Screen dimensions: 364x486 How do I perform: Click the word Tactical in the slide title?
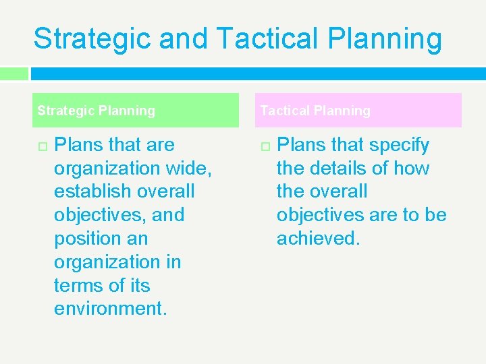tap(268, 39)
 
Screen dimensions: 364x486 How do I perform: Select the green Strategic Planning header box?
tap(135, 110)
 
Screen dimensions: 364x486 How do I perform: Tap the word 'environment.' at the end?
tap(110, 309)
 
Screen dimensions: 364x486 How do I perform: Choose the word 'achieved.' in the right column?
tap(318, 238)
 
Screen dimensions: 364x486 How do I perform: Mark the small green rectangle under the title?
tap(13, 73)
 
